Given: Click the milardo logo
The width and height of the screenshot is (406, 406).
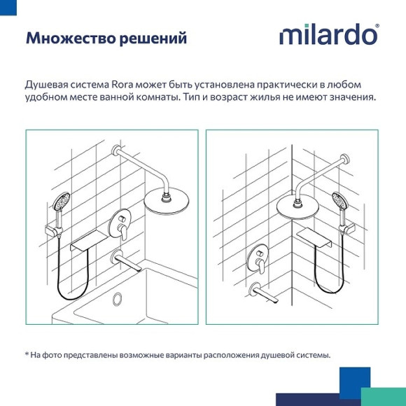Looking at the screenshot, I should point(329,35).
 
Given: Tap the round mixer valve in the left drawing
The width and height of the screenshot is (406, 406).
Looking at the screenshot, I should point(122,225).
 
